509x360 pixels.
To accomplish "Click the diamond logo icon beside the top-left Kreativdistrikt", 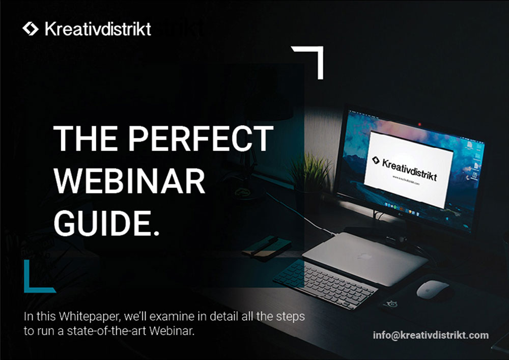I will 31,29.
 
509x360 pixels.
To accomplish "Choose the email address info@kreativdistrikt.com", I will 431,335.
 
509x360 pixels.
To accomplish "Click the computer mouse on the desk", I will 432,289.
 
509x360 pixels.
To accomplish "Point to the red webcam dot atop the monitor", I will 419,124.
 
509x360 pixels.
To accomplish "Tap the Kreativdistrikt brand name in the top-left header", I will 98,29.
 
